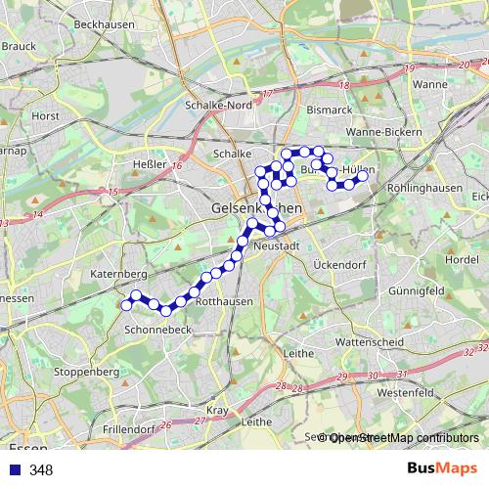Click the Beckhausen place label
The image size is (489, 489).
click(104, 24)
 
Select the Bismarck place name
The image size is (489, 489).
click(328, 111)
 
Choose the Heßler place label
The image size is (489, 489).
click(148, 165)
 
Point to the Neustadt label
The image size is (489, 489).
click(276, 246)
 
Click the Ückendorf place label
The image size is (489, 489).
click(338, 265)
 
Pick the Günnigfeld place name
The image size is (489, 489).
click(417, 291)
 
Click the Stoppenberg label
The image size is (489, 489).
click(86, 373)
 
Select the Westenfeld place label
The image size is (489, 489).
click(404, 392)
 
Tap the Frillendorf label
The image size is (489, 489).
click(128, 428)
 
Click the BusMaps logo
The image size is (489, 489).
click(443, 469)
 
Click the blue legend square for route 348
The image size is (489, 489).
click(13, 469)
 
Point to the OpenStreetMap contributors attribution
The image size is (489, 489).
click(404, 438)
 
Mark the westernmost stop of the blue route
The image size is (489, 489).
click(126, 305)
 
